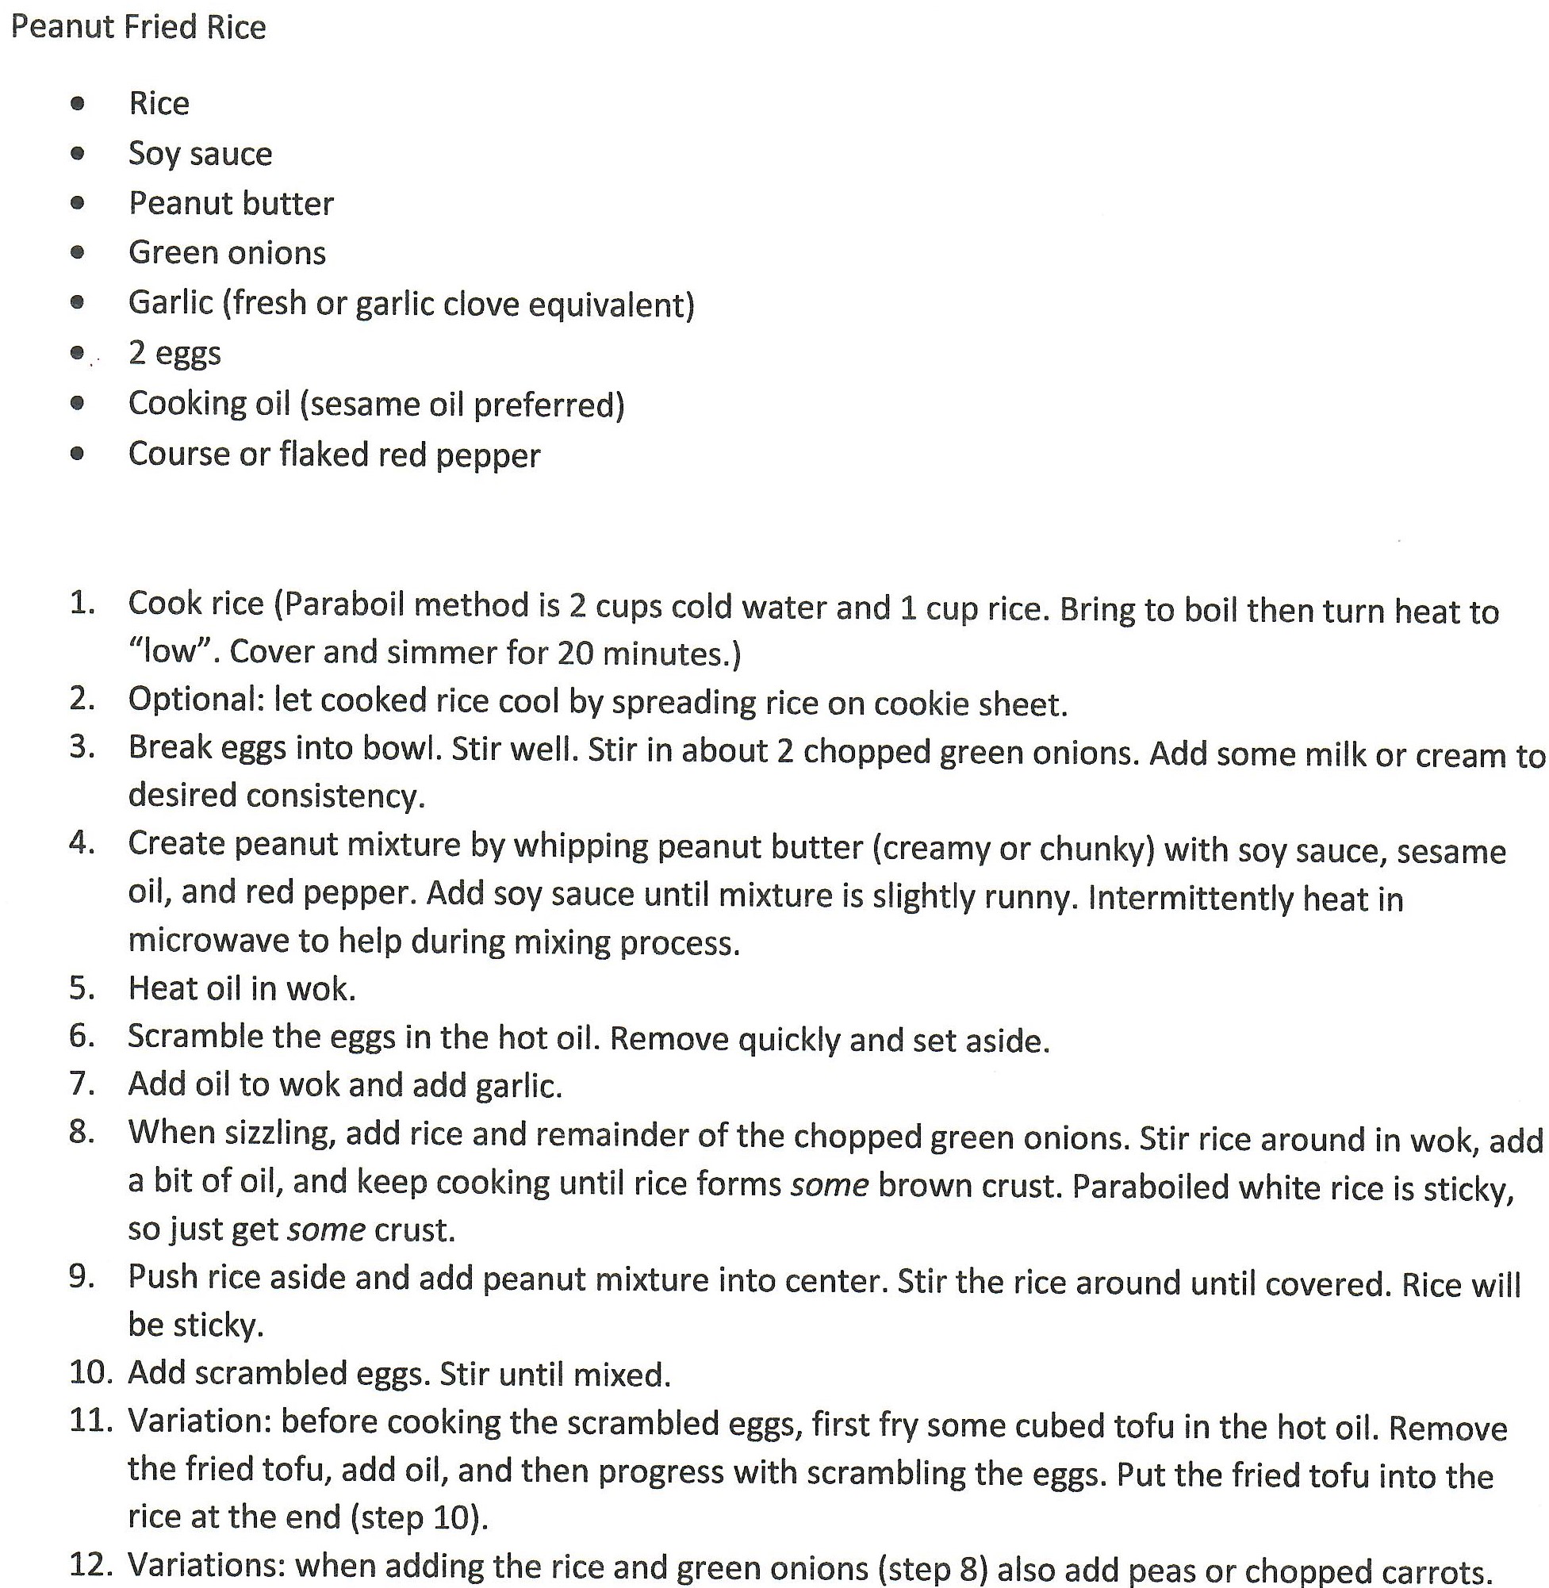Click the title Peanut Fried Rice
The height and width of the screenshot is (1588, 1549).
pos(138,28)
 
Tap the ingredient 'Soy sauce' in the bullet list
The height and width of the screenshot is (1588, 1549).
pos(200,154)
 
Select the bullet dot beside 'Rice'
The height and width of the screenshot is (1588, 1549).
pos(77,103)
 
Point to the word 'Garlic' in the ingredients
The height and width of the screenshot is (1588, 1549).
pos(171,303)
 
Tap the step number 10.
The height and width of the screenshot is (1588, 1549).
pos(90,1373)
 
